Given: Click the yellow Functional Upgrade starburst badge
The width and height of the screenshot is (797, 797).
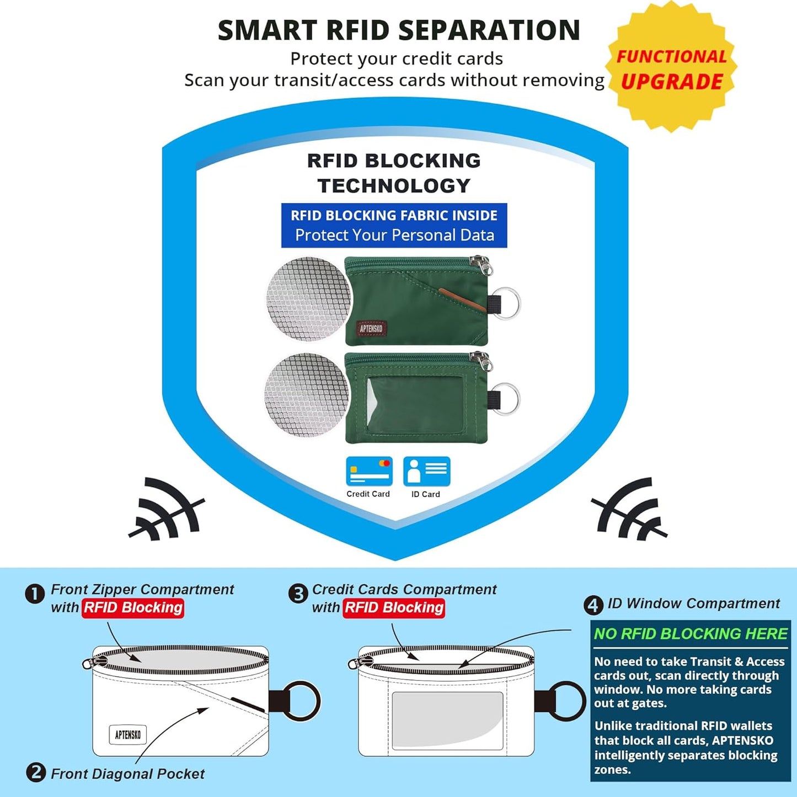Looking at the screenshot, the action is point(671,66).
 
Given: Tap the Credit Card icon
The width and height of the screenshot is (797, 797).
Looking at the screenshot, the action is point(369,471).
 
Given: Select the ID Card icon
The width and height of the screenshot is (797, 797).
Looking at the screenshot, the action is point(426,471).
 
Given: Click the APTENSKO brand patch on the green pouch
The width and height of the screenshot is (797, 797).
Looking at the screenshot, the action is point(372,328).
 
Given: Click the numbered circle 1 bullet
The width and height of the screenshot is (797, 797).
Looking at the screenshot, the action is point(35,595).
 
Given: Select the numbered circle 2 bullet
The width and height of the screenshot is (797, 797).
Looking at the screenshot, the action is point(36,772).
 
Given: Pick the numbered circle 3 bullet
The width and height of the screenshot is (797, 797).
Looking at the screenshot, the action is point(298,595).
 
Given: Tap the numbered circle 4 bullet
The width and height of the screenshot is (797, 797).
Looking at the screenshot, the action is point(593,606).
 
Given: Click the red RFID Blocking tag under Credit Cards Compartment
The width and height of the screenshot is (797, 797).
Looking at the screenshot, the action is point(394,608).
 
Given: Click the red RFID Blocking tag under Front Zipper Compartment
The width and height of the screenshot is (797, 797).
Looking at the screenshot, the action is point(133,608).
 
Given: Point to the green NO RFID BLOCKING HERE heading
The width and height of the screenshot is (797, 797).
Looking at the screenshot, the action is point(691,634).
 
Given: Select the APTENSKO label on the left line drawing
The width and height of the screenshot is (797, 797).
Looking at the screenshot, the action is point(128,735).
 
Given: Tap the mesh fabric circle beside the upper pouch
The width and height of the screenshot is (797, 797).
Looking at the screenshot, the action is point(308,298).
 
